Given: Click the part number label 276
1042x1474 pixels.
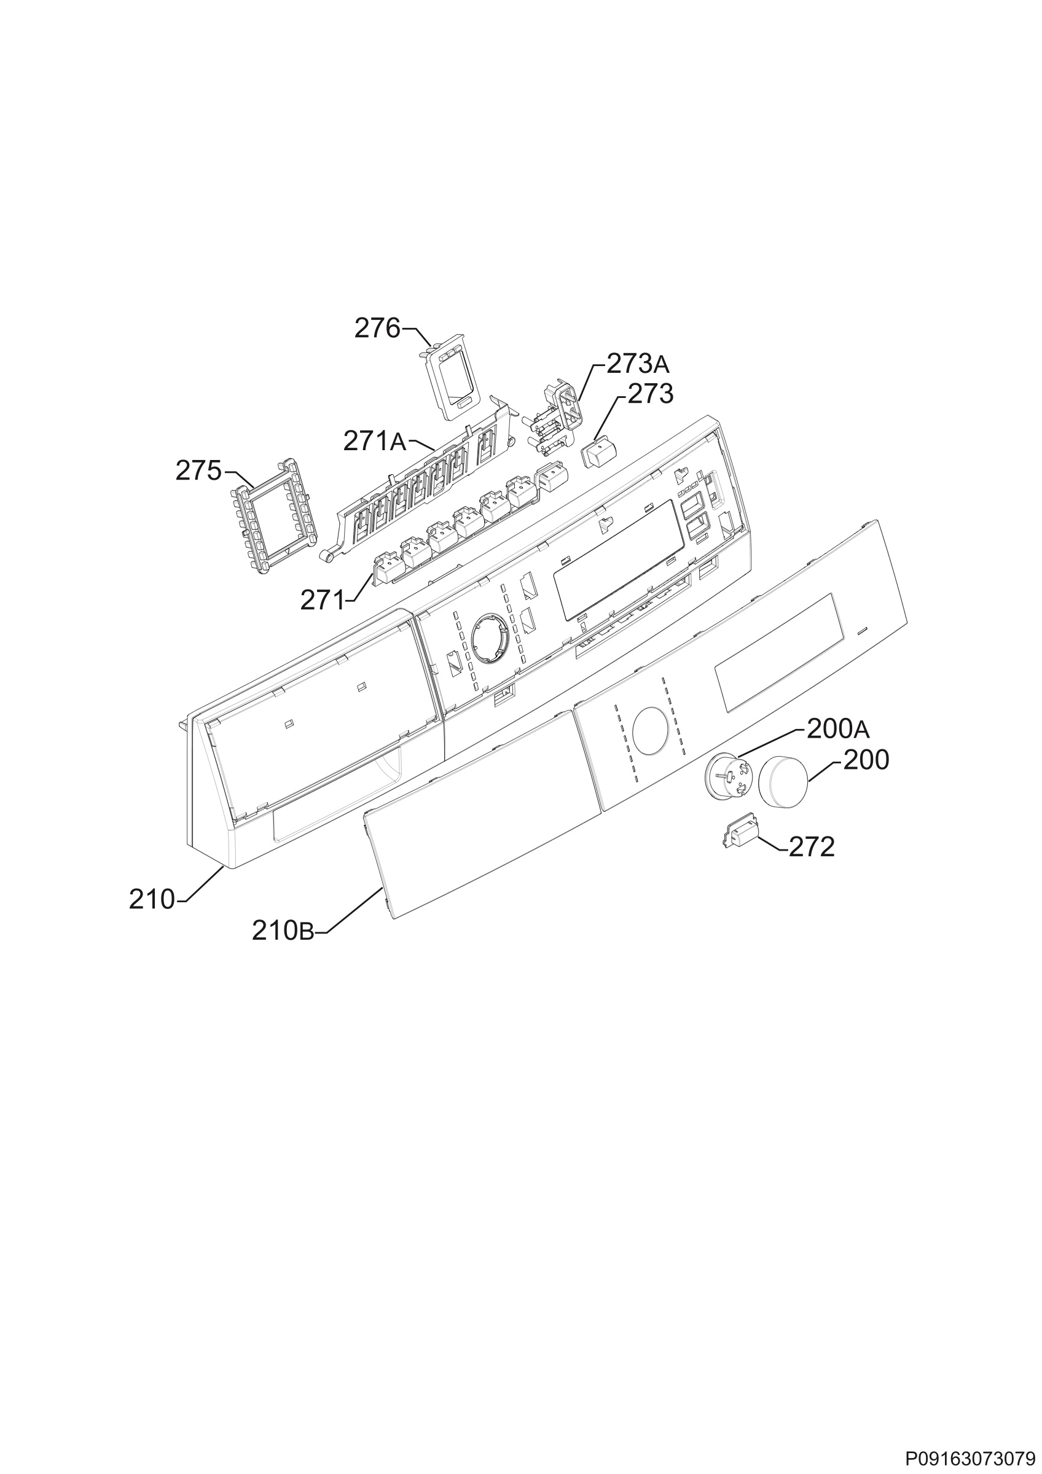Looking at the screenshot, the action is [x=377, y=329].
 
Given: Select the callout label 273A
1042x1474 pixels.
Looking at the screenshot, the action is [x=638, y=364].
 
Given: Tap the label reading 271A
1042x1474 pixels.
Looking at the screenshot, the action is [x=375, y=441].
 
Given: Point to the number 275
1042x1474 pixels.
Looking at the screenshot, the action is [x=198, y=471].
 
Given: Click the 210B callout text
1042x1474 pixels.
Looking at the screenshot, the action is [x=283, y=931].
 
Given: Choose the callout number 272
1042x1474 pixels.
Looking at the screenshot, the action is [x=812, y=848].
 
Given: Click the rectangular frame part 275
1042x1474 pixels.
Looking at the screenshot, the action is [x=273, y=517].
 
